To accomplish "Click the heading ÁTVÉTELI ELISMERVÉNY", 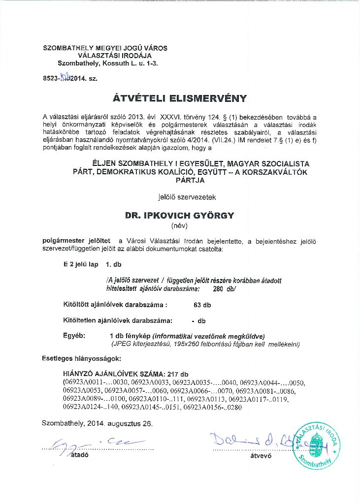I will pos(179,98).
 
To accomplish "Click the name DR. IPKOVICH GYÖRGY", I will pos(179,216).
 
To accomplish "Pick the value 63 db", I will pos(202,305).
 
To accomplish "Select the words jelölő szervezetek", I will pos(179,197).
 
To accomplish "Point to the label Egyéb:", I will pos(74,335).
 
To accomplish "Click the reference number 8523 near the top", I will pos(51,78).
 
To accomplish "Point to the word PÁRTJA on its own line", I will pos(179,181).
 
